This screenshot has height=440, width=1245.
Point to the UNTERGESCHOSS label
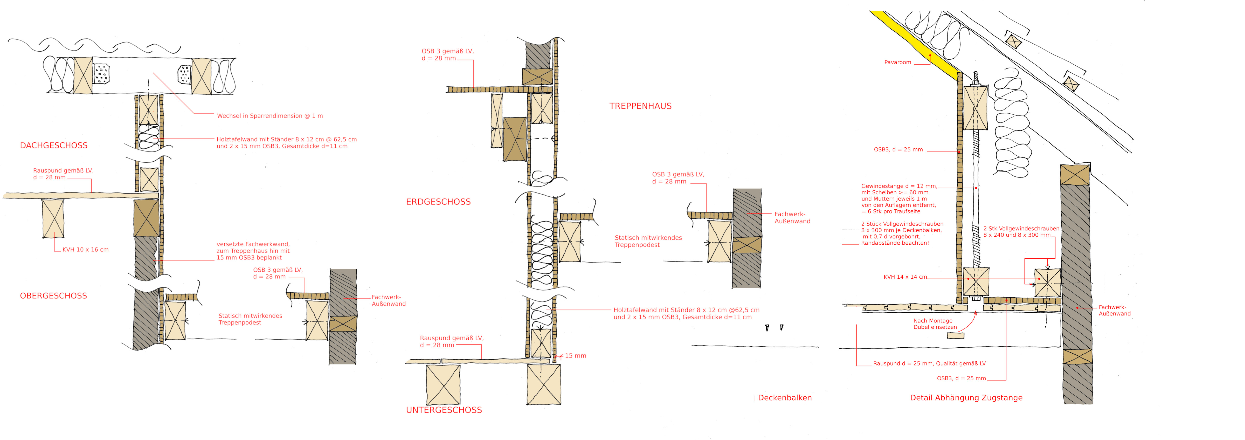pos(444,410)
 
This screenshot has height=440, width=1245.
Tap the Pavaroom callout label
pos(897,62)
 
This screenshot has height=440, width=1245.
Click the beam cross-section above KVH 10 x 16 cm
pos(53,218)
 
